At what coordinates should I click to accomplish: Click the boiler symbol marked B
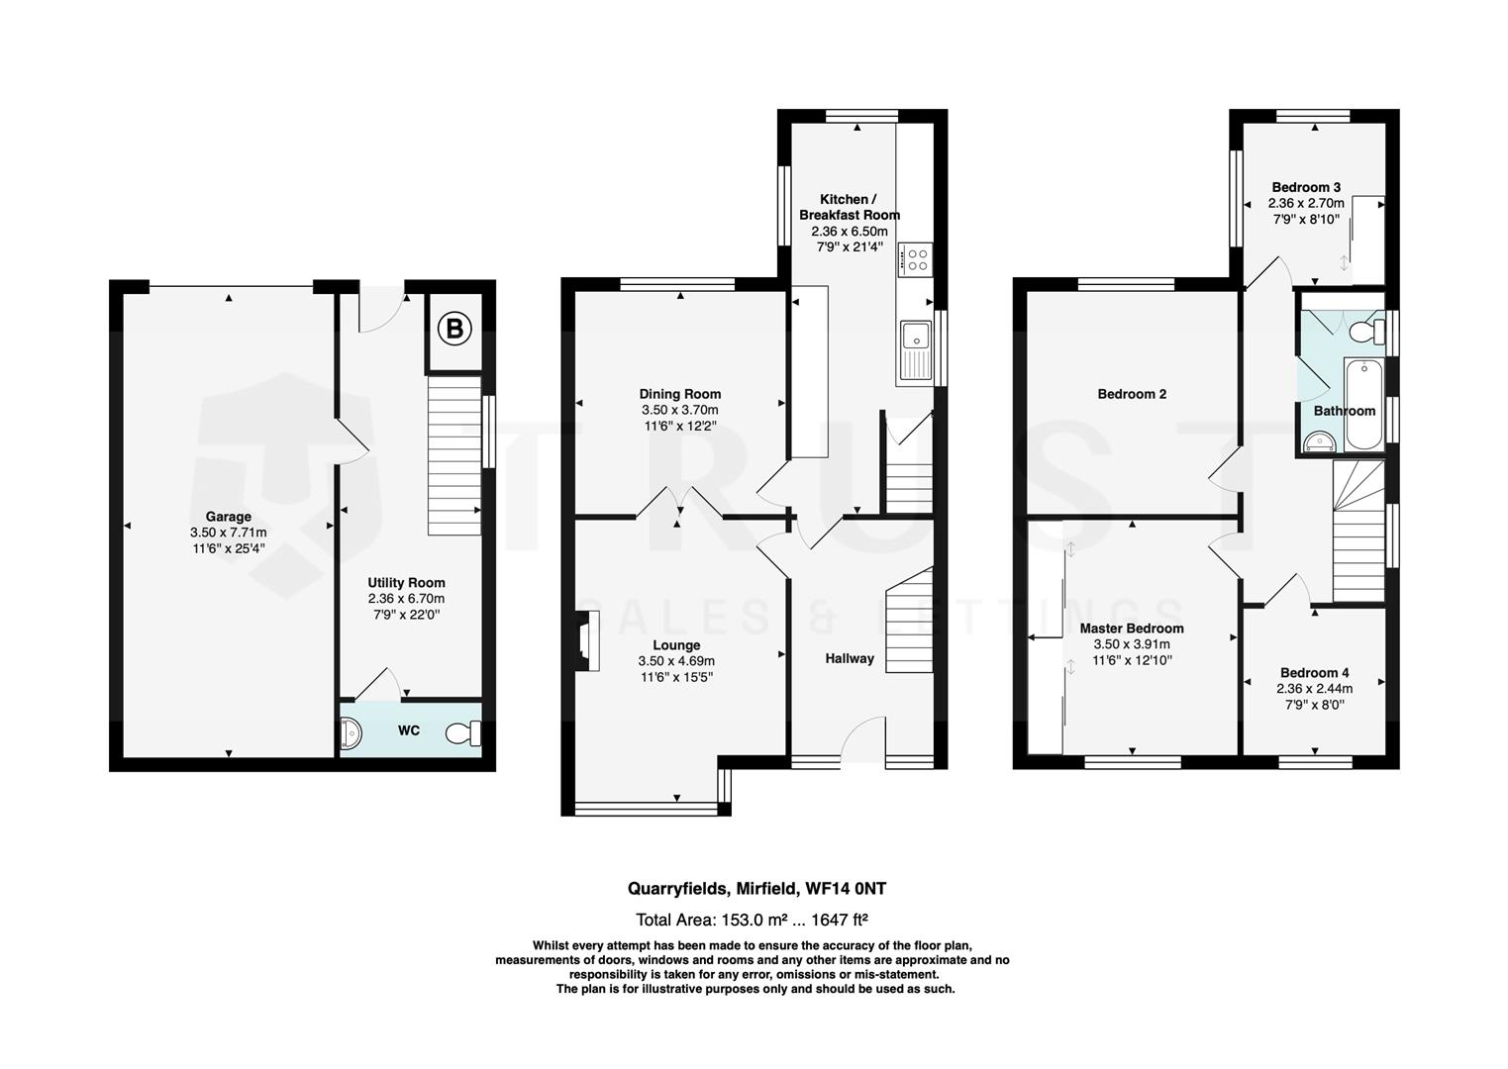click(x=454, y=328)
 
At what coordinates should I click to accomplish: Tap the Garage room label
click(x=229, y=517)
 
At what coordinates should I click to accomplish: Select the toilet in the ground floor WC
click(x=463, y=733)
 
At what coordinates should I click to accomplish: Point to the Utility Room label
click(x=406, y=583)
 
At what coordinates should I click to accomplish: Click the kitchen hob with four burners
click(x=916, y=259)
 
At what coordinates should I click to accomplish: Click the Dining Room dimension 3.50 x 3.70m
click(x=679, y=410)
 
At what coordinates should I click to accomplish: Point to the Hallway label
click(x=850, y=658)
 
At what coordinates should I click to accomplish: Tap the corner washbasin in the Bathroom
click(x=1318, y=442)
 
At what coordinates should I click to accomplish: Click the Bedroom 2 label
click(x=1132, y=394)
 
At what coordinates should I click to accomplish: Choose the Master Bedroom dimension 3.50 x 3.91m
click(x=1132, y=644)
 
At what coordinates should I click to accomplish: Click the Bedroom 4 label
click(x=1314, y=672)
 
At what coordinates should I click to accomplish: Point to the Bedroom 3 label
click(x=1306, y=187)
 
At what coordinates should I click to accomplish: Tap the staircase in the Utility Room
click(x=454, y=455)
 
